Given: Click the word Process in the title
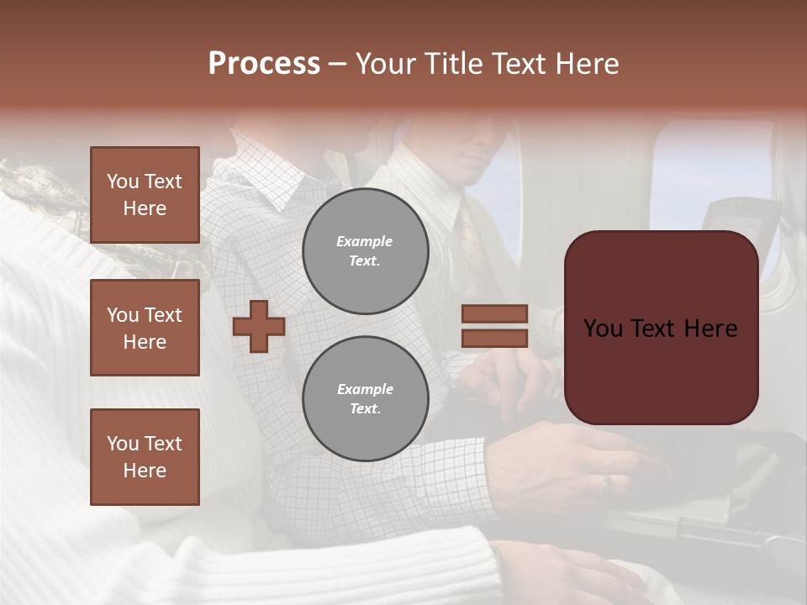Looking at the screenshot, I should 264,64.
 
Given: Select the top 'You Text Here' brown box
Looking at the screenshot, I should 145,195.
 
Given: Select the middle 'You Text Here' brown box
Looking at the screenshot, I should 145,328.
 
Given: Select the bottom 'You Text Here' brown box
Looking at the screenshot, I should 145,457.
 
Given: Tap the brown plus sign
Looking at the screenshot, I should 259,326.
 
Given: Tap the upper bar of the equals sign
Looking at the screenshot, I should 494,313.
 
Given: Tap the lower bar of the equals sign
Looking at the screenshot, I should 494,338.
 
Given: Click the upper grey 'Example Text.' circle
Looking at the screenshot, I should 366,251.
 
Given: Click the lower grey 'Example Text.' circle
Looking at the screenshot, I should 366,399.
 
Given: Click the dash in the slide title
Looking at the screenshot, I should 337,64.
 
